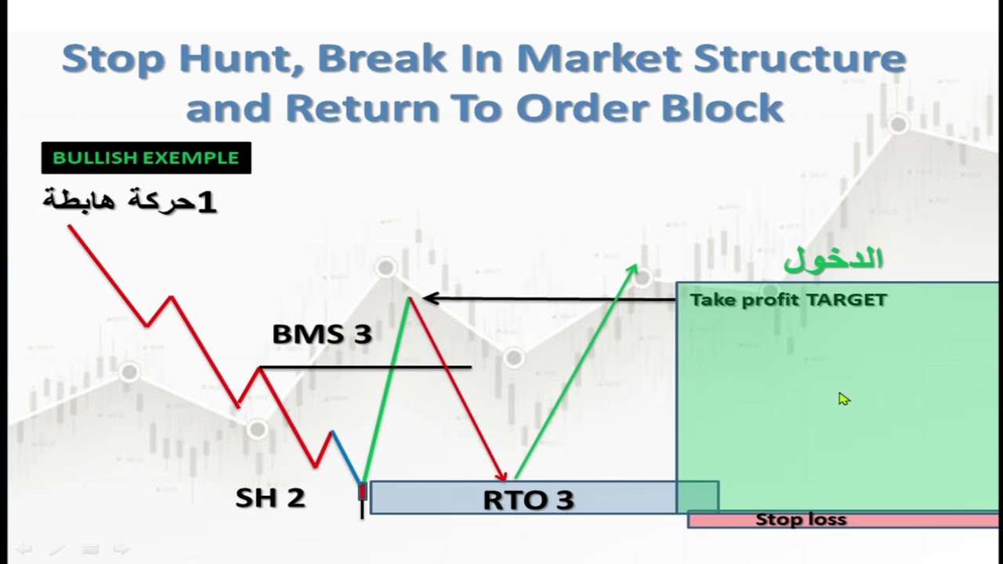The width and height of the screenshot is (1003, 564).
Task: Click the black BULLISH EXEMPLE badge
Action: (x=146, y=157)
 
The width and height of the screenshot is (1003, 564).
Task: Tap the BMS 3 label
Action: (x=321, y=334)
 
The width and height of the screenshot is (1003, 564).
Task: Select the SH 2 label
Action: (x=270, y=497)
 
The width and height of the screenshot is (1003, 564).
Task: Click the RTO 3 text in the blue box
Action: (x=528, y=500)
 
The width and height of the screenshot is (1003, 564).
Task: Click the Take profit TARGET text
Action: (x=788, y=300)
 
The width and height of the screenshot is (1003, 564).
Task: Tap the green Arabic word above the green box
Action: (x=833, y=259)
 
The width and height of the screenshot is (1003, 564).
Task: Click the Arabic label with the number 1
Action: (x=129, y=201)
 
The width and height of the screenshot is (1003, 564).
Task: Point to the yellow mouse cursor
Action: (x=843, y=399)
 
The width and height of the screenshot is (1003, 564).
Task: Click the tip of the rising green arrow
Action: (x=635, y=269)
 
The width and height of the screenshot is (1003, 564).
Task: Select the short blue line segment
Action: (x=346, y=455)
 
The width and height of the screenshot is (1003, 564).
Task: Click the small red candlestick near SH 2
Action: (x=362, y=491)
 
